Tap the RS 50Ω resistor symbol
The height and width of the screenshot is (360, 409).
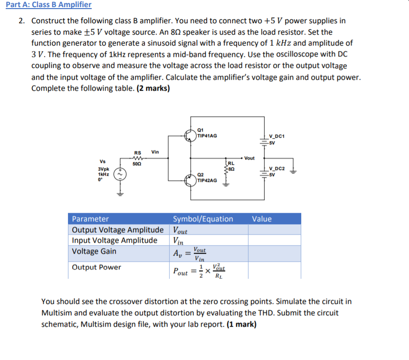click(138, 159)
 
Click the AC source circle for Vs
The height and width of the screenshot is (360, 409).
click(121, 174)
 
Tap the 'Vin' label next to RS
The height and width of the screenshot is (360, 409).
click(155, 152)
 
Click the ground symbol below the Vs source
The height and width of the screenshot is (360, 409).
click(121, 194)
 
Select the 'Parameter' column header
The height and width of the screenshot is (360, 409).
click(90, 219)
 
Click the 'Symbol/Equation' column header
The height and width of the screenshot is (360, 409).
click(203, 219)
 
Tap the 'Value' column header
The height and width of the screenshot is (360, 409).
click(262, 219)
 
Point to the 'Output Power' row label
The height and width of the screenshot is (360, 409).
click(96, 267)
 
